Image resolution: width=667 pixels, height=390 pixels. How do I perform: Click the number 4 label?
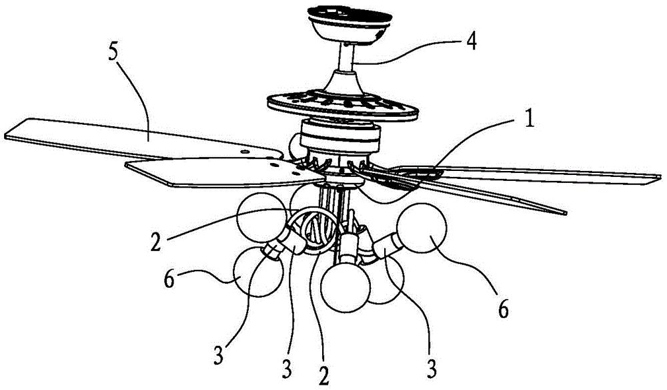(x=470, y=43)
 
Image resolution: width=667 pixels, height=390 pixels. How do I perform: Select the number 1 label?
(x=528, y=120)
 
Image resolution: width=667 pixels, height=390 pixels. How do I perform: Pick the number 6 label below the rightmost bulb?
(x=503, y=310)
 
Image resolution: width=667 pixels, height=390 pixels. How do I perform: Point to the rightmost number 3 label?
(x=432, y=369)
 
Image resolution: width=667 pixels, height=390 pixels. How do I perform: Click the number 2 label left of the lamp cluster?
(x=156, y=241)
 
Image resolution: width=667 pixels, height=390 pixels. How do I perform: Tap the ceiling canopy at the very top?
(x=350, y=23)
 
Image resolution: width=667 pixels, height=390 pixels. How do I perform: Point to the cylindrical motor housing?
(x=340, y=136)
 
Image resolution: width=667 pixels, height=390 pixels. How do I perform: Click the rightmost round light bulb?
(x=422, y=228)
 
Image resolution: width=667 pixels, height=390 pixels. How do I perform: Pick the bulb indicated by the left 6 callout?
(x=258, y=272)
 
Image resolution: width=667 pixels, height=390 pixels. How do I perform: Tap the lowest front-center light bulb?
(x=346, y=287)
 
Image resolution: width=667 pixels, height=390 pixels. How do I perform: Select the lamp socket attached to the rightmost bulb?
(x=386, y=249)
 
